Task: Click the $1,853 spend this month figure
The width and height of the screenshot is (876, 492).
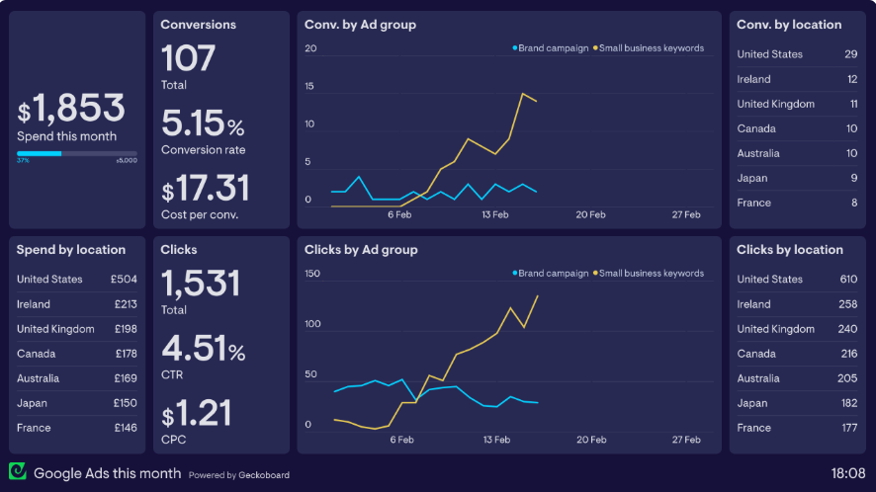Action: point(71,108)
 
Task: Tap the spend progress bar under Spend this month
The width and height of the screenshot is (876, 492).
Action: point(77,153)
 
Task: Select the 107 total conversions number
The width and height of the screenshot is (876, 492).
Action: point(188,58)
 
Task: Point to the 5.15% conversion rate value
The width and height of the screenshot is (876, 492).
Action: point(203,124)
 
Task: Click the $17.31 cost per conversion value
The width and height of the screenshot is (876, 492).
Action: point(206,189)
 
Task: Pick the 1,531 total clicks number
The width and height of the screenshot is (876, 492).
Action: point(201,285)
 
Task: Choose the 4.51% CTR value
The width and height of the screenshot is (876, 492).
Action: point(203,350)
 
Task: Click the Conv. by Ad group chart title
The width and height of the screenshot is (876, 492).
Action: point(360,25)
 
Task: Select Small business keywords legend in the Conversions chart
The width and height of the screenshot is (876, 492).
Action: point(652,48)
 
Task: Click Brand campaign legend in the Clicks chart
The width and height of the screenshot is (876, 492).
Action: point(553,274)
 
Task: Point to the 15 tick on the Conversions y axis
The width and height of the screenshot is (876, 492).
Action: point(309,87)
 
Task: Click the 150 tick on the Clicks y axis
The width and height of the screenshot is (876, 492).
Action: point(312,274)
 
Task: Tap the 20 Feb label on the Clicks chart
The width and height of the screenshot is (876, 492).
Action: point(590,440)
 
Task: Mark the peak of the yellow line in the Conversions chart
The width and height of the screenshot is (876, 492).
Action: point(523,93)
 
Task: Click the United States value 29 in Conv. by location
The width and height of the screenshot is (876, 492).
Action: point(850,54)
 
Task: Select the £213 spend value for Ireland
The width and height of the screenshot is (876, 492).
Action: point(126,304)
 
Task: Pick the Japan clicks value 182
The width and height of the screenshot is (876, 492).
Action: point(848,403)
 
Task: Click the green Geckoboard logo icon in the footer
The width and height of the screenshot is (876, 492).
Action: point(17,472)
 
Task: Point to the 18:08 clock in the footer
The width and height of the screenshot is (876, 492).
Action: point(847,473)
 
